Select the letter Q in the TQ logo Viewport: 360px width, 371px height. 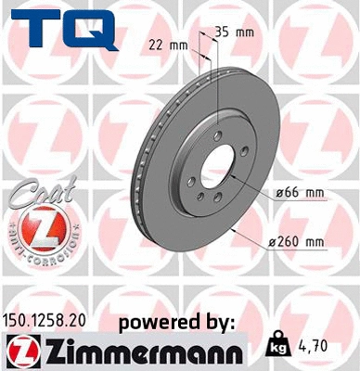[96, 29]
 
